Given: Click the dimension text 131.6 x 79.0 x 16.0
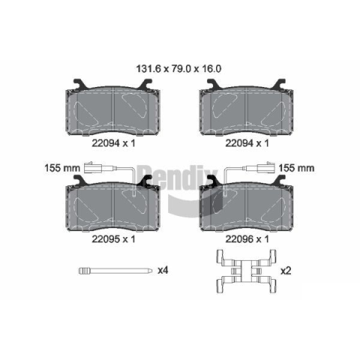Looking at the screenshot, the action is pyautogui.click(x=178, y=69).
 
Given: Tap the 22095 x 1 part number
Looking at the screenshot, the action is pyautogui.click(x=113, y=239).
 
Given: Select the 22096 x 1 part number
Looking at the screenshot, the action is pyautogui.click(x=247, y=239).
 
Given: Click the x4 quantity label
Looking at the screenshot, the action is pyautogui.click(x=163, y=270).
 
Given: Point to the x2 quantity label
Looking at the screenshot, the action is pyautogui.click(x=286, y=271).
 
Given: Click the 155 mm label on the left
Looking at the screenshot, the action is pyautogui.click(x=62, y=168).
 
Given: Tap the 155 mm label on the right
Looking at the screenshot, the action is pyautogui.click(x=296, y=168).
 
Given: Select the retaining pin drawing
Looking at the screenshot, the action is pyautogui.click(x=115, y=271).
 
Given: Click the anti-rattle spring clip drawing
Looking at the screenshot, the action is pyautogui.click(x=246, y=271).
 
